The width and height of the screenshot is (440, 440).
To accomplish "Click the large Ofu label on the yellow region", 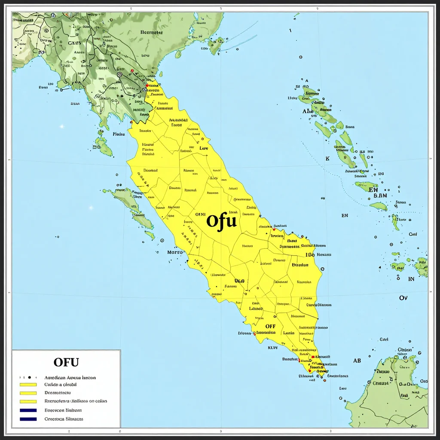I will [x=221, y=221].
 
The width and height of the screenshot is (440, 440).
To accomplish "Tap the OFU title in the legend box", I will [x=66, y=362].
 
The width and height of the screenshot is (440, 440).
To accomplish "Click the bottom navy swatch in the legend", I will [x=28, y=419].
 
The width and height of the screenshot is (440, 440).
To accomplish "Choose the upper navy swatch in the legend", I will [x=28, y=410].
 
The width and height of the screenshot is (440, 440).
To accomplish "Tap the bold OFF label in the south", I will [x=270, y=327].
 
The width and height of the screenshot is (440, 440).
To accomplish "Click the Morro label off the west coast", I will [x=174, y=252].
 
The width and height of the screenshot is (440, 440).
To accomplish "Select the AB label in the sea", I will [x=357, y=361].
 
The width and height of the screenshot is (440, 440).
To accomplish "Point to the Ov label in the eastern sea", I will [x=403, y=298].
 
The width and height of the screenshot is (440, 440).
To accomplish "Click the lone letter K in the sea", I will [x=327, y=159].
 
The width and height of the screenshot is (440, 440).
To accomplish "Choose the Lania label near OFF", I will [x=288, y=333].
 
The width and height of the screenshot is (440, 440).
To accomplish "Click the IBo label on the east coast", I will [x=310, y=254].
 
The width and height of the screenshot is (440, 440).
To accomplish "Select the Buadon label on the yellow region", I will [x=300, y=265].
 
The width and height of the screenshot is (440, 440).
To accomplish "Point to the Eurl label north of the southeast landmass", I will [x=384, y=339].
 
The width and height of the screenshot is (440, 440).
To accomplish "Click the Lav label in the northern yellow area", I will [x=204, y=148].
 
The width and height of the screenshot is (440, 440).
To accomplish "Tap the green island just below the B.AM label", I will [x=379, y=206].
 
